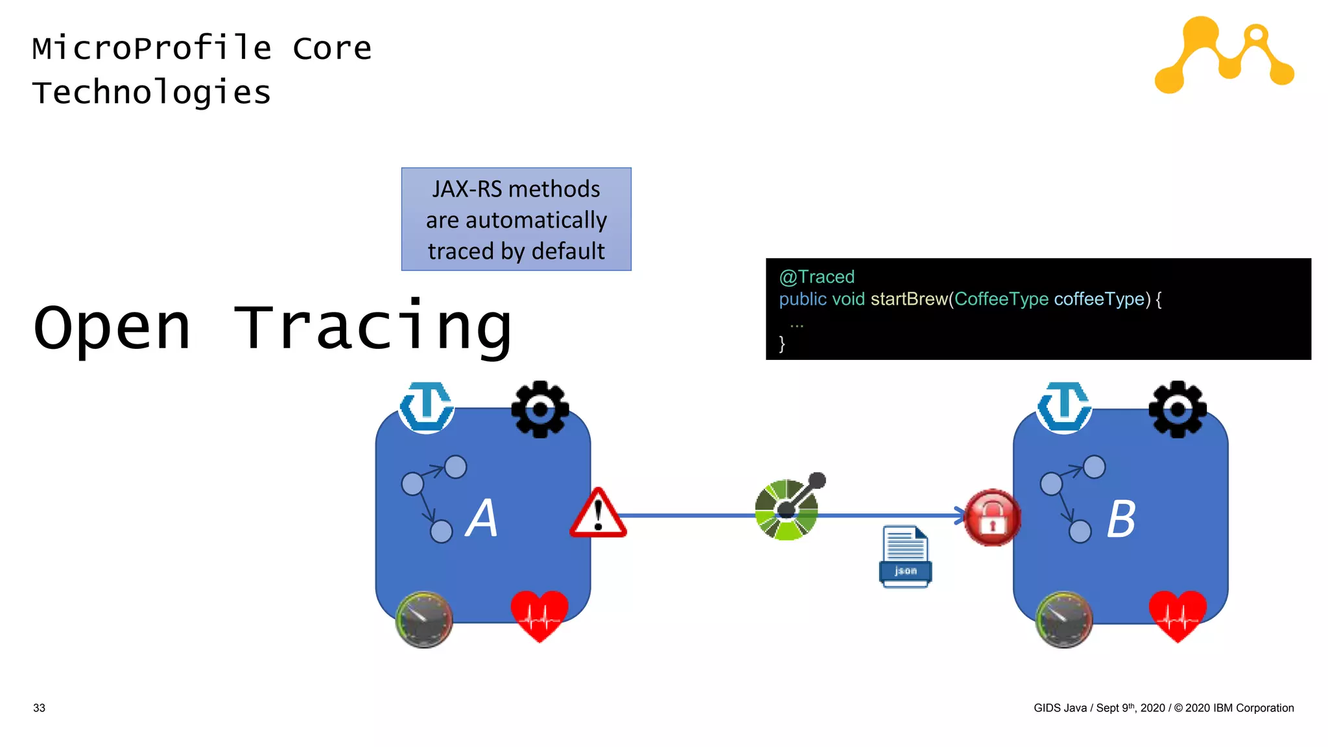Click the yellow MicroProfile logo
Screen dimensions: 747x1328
click(x=1224, y=54)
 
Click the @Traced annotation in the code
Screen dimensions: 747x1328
click(x=816, y=277)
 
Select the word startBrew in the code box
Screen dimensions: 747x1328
click(x=908, y=299)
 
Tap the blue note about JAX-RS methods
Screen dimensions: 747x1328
click(x=516, y=219)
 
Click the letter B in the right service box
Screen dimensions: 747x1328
click(x=1120, y=519)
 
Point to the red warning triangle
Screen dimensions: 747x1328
click(x=598, y=515)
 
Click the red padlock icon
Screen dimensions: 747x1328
click(x=991, y=517)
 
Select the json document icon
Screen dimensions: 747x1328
click(x=905, y=556)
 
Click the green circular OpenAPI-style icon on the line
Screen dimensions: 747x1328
click(x=787, y=510)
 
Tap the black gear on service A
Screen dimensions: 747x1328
click(x=539, y=409)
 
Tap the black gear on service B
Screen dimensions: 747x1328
click(x=1177, y=409)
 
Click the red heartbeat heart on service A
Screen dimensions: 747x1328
click(x=539, y=615)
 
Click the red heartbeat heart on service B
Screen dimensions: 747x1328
click(x=1177, y=615)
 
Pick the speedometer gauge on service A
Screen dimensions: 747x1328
click(x=424, y=619)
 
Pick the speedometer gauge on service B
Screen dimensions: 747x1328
click(x=1063, y=619)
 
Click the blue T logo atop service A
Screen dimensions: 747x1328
click(x=426, y=407)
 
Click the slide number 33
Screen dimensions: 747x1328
click(x=39, y=708)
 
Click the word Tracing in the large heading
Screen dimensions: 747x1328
click(x=372, y=327)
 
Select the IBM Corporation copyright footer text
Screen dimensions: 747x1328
click(x=1163, y=708)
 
